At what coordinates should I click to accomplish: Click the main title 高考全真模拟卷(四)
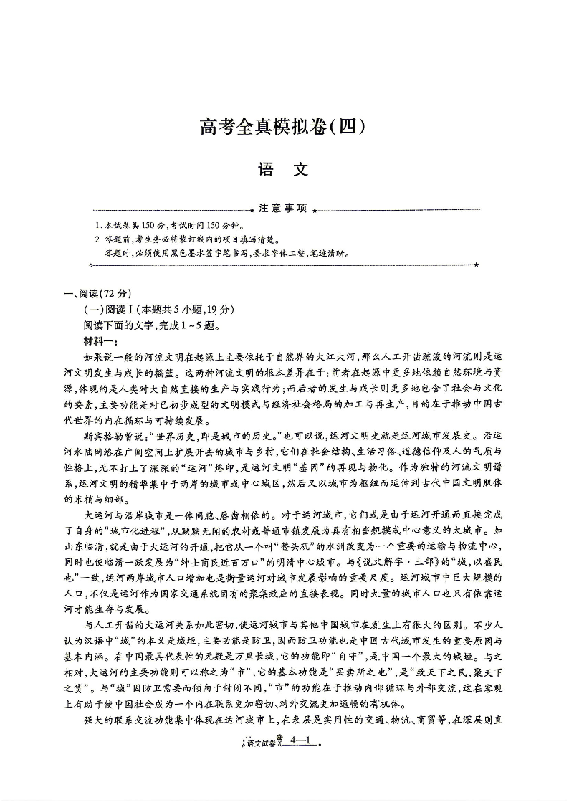(x=284, y=127)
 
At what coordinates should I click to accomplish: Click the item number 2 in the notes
(x=97, y=239)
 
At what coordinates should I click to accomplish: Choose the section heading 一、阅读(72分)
(x=99, y=293)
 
